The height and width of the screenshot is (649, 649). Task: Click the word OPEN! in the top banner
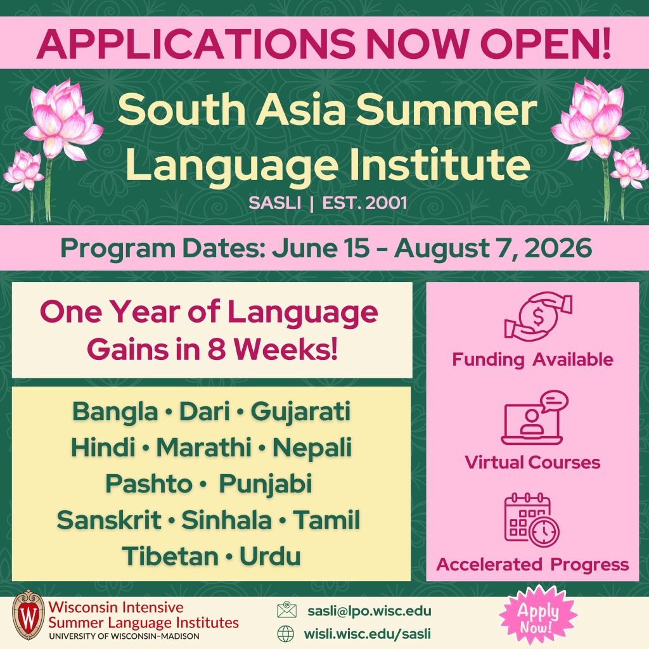click(545, 44)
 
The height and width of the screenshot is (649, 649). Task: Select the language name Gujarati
click(300, 413)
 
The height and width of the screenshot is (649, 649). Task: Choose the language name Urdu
click(270, 556)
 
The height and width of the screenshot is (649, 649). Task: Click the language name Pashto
click(148, 484)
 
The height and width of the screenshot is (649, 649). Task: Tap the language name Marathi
click(203, 447)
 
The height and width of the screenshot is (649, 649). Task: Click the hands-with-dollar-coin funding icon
click(538, 317)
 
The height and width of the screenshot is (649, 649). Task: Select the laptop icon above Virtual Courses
click(534, 418)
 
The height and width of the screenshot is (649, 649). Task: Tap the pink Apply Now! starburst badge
click(537, 617)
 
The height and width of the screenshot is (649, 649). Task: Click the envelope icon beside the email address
click(286, 610)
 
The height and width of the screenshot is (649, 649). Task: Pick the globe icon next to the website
click(286, 634)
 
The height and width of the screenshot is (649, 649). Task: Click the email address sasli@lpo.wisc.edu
click(369, 611)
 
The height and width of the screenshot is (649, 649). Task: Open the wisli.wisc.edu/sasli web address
click(368, 634)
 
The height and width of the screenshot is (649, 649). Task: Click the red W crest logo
click(29, 615)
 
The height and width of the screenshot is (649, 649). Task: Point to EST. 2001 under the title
click(364, 203)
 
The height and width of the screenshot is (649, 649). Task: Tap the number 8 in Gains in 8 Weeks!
click(217, 349)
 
